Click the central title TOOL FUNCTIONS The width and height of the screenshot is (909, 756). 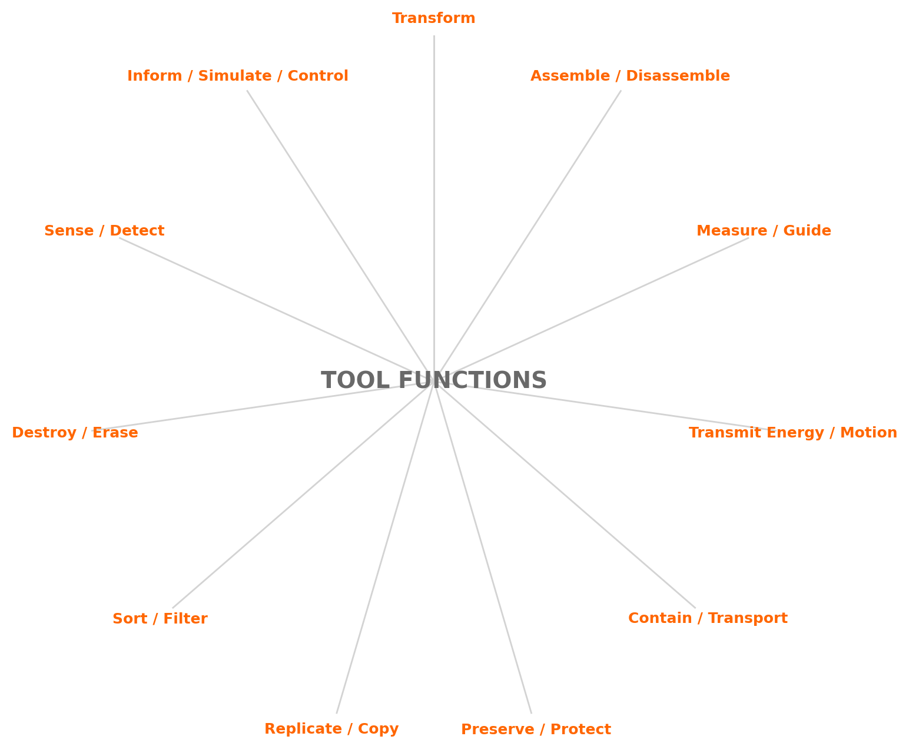[433, 380]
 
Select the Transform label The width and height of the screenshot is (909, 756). [433, 18]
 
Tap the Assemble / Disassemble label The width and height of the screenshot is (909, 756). [630, 76]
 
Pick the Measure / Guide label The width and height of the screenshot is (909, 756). [764, 231]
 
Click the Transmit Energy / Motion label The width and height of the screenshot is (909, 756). [792, 433]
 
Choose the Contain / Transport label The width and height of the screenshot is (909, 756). [708, 618]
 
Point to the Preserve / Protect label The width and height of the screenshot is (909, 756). [536, 730]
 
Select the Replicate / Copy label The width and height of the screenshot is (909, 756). [331, 729]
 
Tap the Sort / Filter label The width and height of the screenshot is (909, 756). [160, 619]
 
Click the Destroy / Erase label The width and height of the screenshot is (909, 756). [75, 433]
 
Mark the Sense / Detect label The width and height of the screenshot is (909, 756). [104, 231]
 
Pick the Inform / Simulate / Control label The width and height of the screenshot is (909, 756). [237, 76]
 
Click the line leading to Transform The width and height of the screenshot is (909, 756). [434, 177]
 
